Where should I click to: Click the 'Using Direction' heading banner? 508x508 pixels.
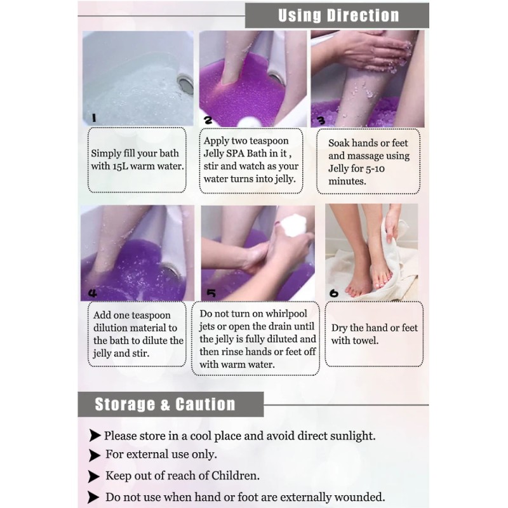coord(337,15)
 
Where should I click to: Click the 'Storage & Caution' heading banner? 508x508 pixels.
coord(171,404)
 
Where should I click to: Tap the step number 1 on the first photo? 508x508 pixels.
coord(94,118)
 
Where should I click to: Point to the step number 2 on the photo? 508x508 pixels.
coord(208,120)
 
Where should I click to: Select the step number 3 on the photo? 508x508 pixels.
coord(321,121)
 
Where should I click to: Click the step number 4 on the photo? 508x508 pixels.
coord(93,293)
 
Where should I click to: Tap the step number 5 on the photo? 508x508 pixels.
coord(211,293)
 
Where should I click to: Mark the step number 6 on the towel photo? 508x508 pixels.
coord(334,293)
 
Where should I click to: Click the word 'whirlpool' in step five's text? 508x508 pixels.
coord(286,314)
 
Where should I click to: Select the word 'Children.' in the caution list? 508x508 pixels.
coord(236,476)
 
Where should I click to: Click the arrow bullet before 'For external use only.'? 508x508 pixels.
coord(94,455)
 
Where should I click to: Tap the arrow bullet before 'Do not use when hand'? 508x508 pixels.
coord(93,497)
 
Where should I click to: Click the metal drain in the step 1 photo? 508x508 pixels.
coord(186,84)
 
